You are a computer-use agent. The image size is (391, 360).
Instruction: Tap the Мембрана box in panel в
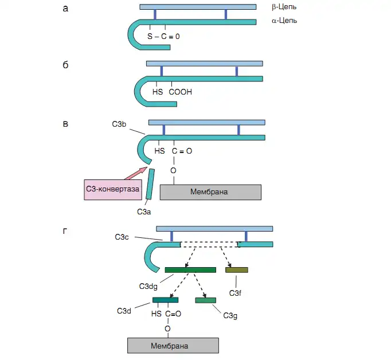[210, 191]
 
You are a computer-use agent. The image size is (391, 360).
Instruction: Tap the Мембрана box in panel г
[173, 346]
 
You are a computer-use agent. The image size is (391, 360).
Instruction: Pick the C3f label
[236, 293]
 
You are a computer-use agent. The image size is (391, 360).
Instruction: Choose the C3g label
[230, 315]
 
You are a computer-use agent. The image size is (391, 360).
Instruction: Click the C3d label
[124, 311]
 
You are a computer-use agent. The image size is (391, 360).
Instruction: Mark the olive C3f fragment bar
[236, 270]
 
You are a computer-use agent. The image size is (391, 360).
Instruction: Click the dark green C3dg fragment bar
[190, 270]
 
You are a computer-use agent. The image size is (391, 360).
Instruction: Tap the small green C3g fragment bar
[205, 300]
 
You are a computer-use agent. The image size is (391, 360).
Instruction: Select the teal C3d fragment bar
[165, 300]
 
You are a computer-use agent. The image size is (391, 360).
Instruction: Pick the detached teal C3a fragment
[150, 184]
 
